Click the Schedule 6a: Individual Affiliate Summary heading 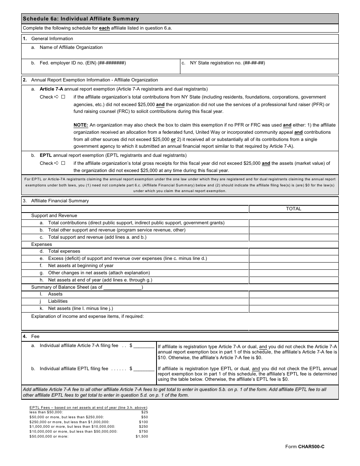point(81,19)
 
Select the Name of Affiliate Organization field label point(71,47)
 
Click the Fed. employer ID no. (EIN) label point(83,63)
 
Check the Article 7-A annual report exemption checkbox point(63,97)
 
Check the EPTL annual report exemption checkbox point(63,163)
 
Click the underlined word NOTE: point(81,125)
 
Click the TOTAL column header point(293,209)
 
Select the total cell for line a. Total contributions point(293,223)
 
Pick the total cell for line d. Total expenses point(293,252)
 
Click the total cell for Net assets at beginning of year point(293,266)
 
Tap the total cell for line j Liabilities point(293,302)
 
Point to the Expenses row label point(41,244)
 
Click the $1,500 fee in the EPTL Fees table point(142,436)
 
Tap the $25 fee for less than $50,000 point(144,412)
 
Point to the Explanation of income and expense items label point(87,316)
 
